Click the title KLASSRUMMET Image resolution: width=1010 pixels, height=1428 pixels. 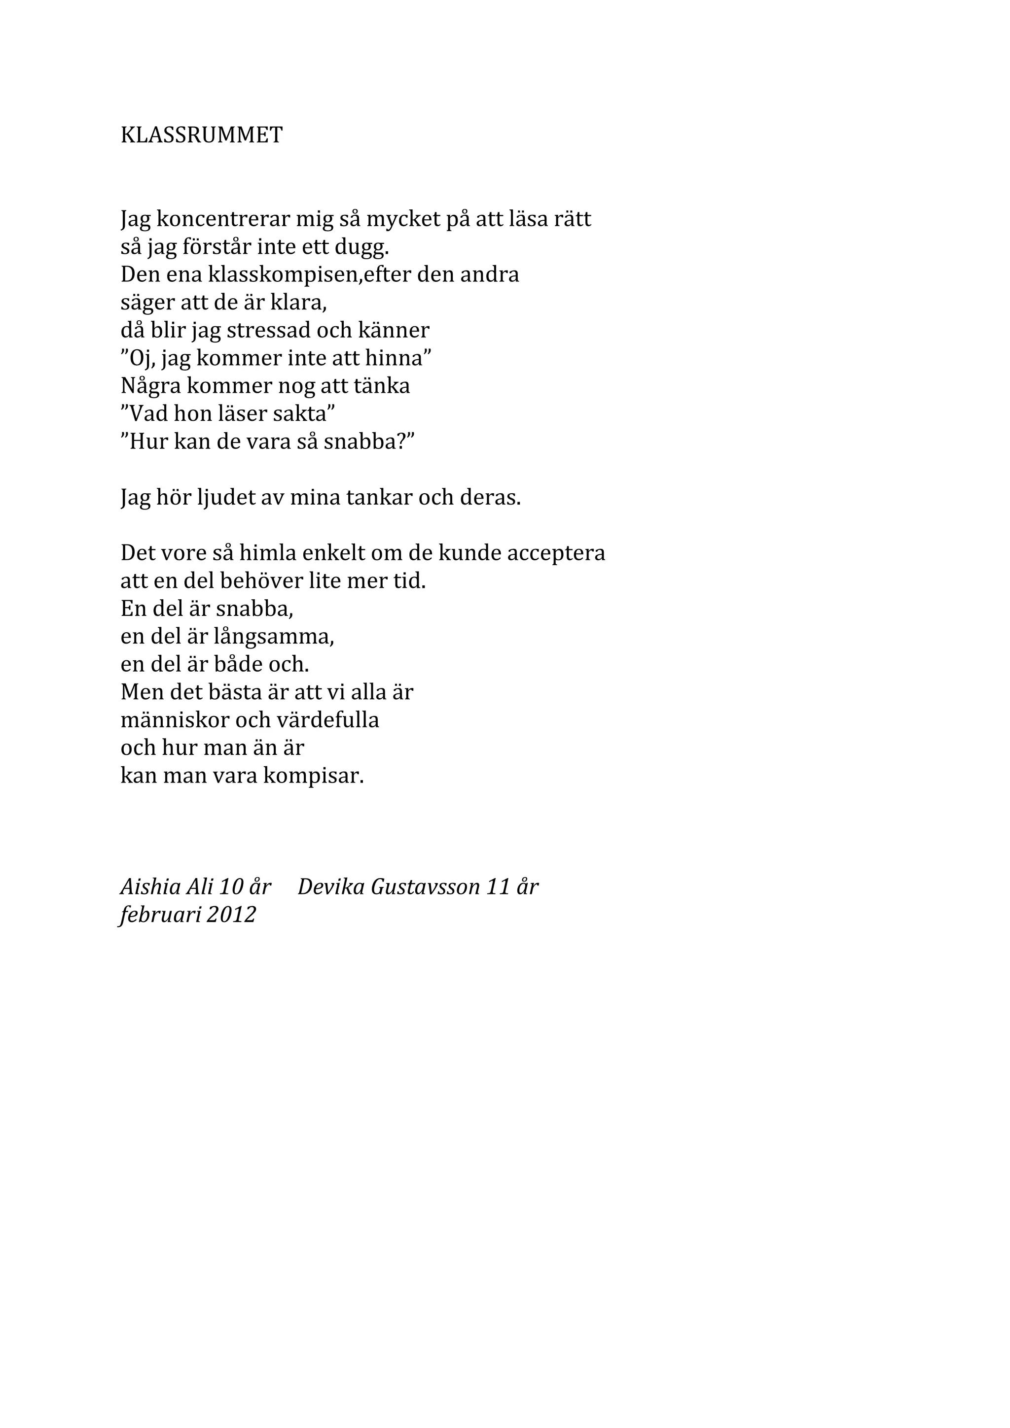201,135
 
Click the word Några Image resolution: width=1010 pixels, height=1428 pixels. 150,386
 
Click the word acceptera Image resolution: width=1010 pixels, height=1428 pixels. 556,553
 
